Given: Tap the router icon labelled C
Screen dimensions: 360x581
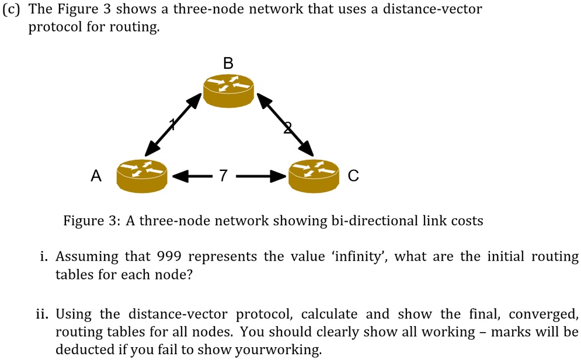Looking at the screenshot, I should click(x=314, y=174).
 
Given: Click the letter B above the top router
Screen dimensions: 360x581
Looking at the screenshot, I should click(x=228, y=63).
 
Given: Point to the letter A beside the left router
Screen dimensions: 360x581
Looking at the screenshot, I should click(x=96, y=175).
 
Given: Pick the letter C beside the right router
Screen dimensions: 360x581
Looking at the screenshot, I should click(x=353, y=175).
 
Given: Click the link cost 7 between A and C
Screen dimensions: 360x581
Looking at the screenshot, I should click(x=222, y=174).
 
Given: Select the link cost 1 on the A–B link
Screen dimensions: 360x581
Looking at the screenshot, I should click(x=172, y=123).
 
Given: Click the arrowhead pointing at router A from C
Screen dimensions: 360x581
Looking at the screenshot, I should click(x=180, y=174).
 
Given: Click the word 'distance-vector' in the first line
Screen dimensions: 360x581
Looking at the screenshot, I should click(x=432, y=10).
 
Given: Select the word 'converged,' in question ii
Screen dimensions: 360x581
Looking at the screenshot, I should click(x=543, y=314).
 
